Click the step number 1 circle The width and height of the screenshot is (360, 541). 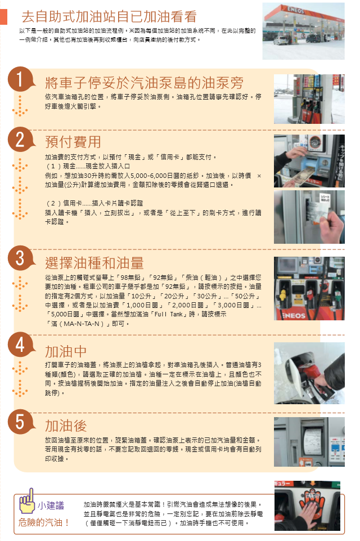[20, 79]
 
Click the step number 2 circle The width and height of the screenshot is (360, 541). [20, 140]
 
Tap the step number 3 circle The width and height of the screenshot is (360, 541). [20, 258]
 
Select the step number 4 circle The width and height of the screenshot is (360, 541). [20, 345]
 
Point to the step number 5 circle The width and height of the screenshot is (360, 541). [20, 422]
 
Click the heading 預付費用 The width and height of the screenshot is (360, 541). [73, 142]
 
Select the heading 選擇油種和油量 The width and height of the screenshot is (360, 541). [94, 263]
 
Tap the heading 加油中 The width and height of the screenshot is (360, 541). [66, 351]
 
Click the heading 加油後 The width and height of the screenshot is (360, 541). [66, 426]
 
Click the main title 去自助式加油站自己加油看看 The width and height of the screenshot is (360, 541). [109, 16]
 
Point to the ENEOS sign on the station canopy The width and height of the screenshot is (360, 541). [296, 10]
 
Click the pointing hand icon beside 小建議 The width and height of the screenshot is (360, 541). [26, 501]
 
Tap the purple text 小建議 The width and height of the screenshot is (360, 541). [51, 506]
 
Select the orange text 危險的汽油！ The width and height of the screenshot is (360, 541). [44, 522]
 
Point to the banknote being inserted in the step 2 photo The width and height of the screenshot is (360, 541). [296, 173]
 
